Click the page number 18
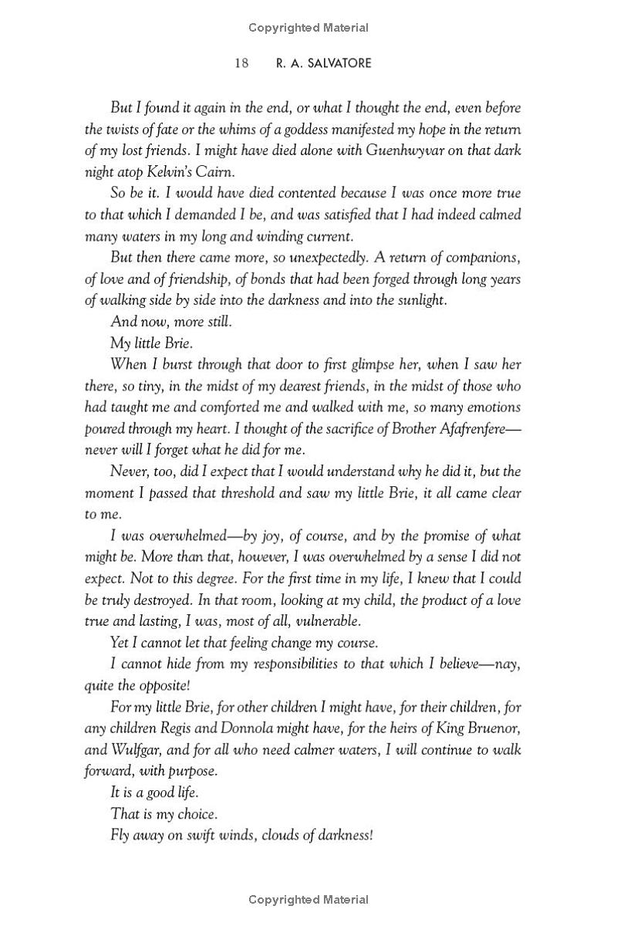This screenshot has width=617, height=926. [241, 63]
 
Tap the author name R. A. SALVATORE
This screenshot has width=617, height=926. [323, 63]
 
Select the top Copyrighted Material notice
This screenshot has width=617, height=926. [308, 28]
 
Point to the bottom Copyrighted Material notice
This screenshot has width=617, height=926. [308, 899]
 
